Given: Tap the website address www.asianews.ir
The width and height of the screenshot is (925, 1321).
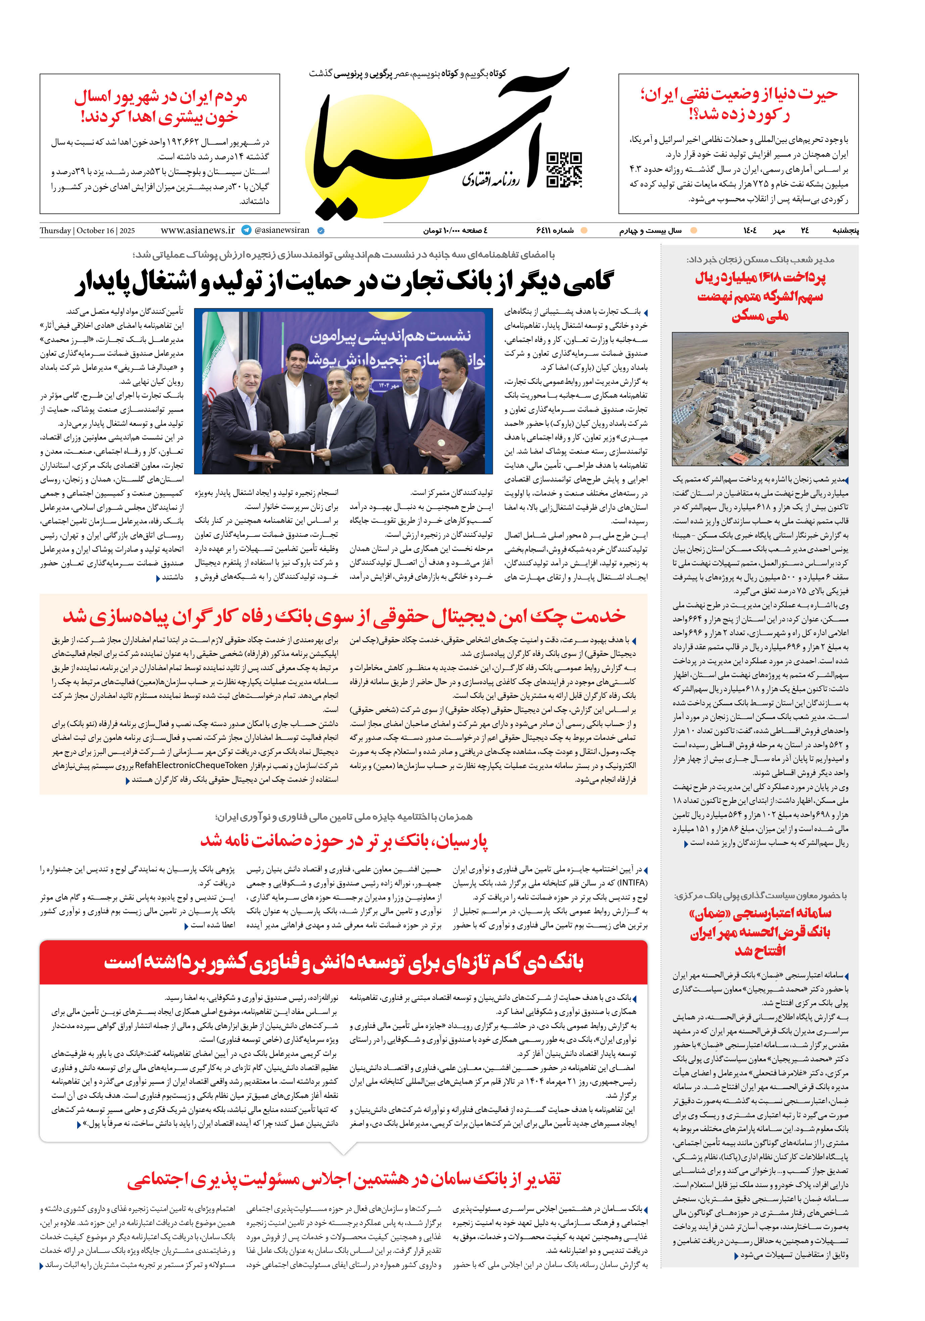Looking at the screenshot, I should (x=197, y=230).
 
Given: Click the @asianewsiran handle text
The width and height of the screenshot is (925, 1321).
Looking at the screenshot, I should (x=282, y=230).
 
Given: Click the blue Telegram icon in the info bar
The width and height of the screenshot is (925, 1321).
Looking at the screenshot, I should (x=246, y=230).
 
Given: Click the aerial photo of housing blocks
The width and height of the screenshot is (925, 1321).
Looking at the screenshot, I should (x=760, y=399).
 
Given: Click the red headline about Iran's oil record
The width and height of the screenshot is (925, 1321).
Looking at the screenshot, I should (x=739, y=104).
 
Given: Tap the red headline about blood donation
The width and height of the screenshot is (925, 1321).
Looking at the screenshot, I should (x=160, y=106).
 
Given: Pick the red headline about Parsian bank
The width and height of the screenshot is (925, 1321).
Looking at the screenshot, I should (x=344, y=841).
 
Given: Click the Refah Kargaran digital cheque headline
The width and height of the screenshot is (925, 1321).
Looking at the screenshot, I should (x=344, y=616).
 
